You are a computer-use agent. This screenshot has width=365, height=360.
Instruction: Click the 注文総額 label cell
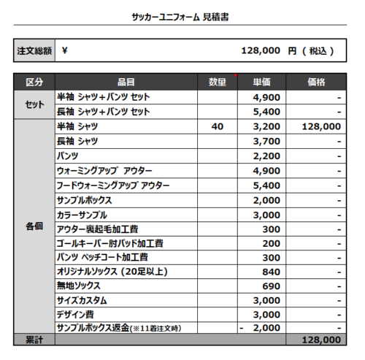coord(34,51)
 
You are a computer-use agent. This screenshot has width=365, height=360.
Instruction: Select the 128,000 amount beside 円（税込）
coord(260,51)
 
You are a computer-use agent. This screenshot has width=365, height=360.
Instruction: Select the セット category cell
coord(34,104)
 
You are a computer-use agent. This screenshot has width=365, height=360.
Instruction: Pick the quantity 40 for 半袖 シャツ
coord(217,126)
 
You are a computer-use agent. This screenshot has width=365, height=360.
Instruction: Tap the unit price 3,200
coord(266,126)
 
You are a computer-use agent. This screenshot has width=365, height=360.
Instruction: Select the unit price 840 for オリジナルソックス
coord(271,272)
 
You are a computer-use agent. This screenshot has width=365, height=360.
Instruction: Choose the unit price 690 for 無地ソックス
coord(271,286)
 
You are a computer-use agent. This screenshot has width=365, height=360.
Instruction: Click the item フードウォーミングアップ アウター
coord(112,185)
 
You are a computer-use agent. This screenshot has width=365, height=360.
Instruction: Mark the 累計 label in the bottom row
coord(34,340)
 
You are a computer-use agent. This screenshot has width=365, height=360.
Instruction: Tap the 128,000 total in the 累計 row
coord(320,340)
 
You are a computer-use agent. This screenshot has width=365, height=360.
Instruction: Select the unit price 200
coord(271,243)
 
